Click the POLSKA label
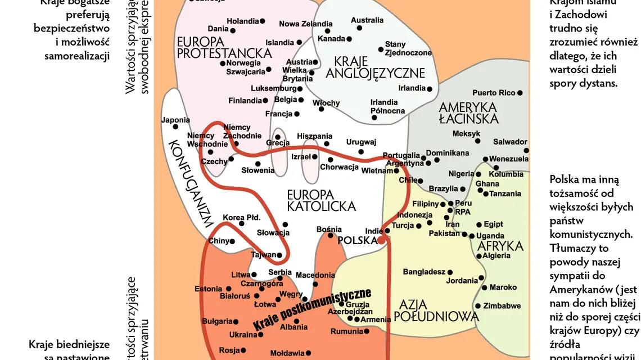click(357, 240)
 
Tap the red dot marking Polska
click(381, 240)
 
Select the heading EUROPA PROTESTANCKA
click(224, 47)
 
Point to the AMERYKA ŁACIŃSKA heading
click(468, 112)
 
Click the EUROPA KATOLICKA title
click(321, 200)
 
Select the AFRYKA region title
click(500, 246)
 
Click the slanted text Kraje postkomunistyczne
click(312, 309)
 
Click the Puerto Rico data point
click(520, 93)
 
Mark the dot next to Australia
click(359, 28)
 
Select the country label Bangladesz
click(424, 272)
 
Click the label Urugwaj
click(360, 142)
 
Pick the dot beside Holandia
click(262, 21)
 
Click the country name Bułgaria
click(217, 321)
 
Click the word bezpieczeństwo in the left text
click(71, 28)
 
